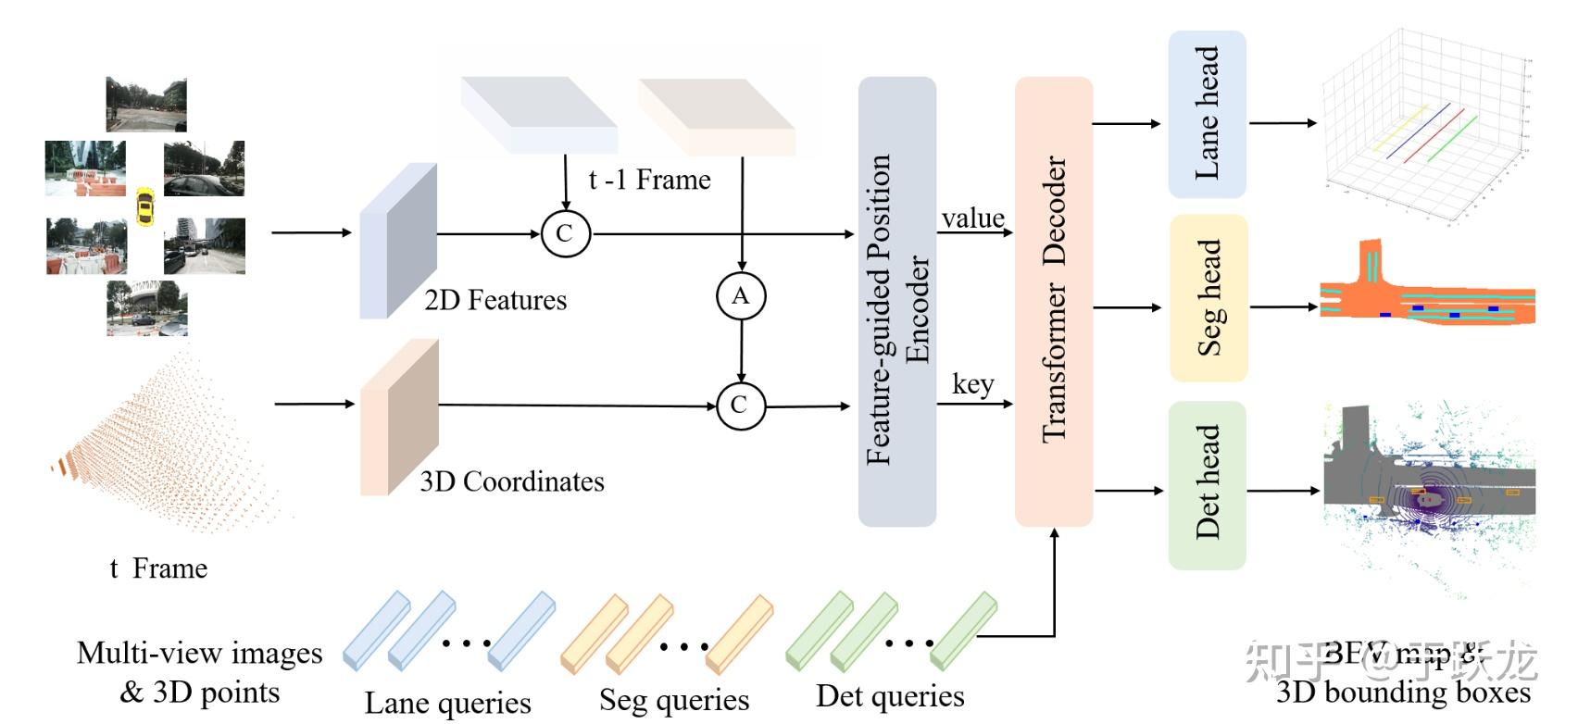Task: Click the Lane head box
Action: click(x=1207, y=114)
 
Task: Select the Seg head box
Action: click(x=1209, y=298)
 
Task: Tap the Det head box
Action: click(x=1207, y=484)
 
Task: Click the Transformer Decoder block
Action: click(x=1054, y=301)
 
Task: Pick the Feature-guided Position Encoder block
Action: click(x=896, y=302)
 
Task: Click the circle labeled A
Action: click(x=741, y=295)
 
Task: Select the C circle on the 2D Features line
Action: click(x=565, y=232)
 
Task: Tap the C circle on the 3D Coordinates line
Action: click(x=740, y=405)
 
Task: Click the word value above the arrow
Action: click(x=972, y=218)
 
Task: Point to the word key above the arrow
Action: click(x=972, y=383)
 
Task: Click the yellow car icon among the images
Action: click(x=144, y=206)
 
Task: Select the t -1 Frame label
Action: click(x=649, y=179)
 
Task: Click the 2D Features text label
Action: click(x=495, y=300)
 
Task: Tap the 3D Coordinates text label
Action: click(x=511, y=481)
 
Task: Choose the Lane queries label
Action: click(x=447, y=702)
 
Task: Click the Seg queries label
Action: click(x=673, y=700)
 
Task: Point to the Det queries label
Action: click(x=889, y=695)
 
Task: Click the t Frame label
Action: click(x=158, y=568)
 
